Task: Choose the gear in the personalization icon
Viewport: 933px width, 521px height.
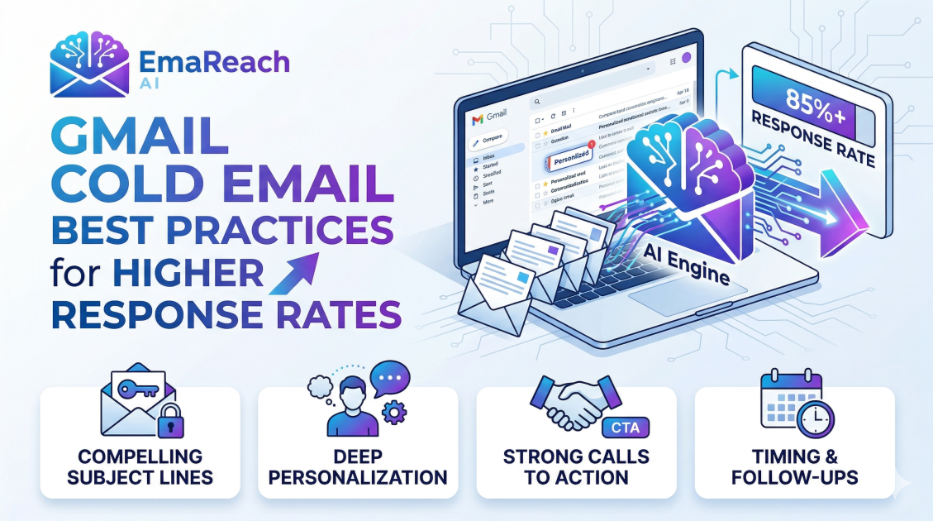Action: click(395, 410)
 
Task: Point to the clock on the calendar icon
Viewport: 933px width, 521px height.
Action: click(816, 418)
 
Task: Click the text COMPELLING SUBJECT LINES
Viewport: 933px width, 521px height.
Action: click(140, 467)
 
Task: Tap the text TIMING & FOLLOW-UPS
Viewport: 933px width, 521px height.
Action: click(794, 467)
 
